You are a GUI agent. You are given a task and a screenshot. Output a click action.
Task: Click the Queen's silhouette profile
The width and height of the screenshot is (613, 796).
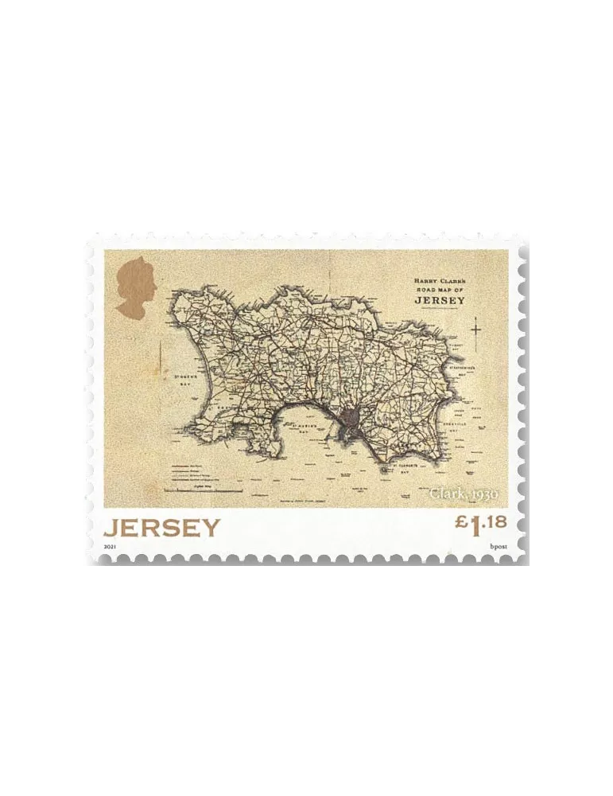click(x=137, y=287)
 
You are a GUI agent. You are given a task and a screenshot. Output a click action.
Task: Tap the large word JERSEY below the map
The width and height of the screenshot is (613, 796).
click(x=161, y=528)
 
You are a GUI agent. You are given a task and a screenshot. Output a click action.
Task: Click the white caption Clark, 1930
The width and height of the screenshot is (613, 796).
click(x=464, y=494)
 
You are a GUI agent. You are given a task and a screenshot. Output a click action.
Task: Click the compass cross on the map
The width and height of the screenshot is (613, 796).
click(x=476, y=328)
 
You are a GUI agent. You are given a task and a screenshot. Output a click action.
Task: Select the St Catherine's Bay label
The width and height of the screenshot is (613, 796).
click(x=464, y=369)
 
